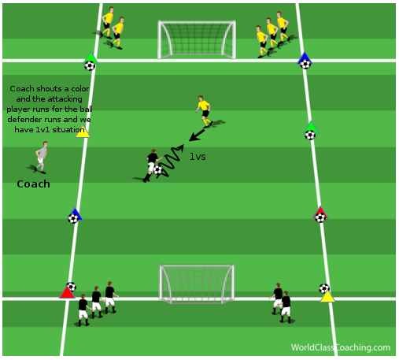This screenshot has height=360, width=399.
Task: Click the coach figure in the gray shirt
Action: click(x=41, y=158)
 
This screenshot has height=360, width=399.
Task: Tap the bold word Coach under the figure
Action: click(x=34, y=184)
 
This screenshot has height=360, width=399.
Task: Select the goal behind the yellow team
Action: click(x=197, y=39)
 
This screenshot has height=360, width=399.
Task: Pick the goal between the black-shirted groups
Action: click(x=197, y=284)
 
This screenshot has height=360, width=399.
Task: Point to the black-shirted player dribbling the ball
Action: click(x=152, y=165)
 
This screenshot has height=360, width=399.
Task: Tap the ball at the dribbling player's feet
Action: click(x=157, y=170)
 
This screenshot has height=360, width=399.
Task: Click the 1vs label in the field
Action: click(x=198, y=157)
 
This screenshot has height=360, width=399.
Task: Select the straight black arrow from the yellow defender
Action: click(x=197, y=135)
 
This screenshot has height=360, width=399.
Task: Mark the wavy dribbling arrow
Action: click(x=172, y=160)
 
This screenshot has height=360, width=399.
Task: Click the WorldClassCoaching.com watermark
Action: click(x=341, y=347)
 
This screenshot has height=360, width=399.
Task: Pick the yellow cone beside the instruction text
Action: click(x=83, y=132)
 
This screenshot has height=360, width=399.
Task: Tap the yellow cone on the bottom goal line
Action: click(x=327, y=296)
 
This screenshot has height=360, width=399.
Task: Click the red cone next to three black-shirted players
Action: click(x=67, y=292)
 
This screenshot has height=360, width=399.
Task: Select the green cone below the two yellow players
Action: click(x=91, y=58)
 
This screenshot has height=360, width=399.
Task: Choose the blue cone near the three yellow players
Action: click(x=305, y=58)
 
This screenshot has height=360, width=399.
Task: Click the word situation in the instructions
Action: click(x=68, y=129)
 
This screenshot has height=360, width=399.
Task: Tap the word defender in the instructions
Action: click(x=25, y=120)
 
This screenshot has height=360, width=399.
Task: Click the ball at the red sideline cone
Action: click(x=320, y=217)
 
